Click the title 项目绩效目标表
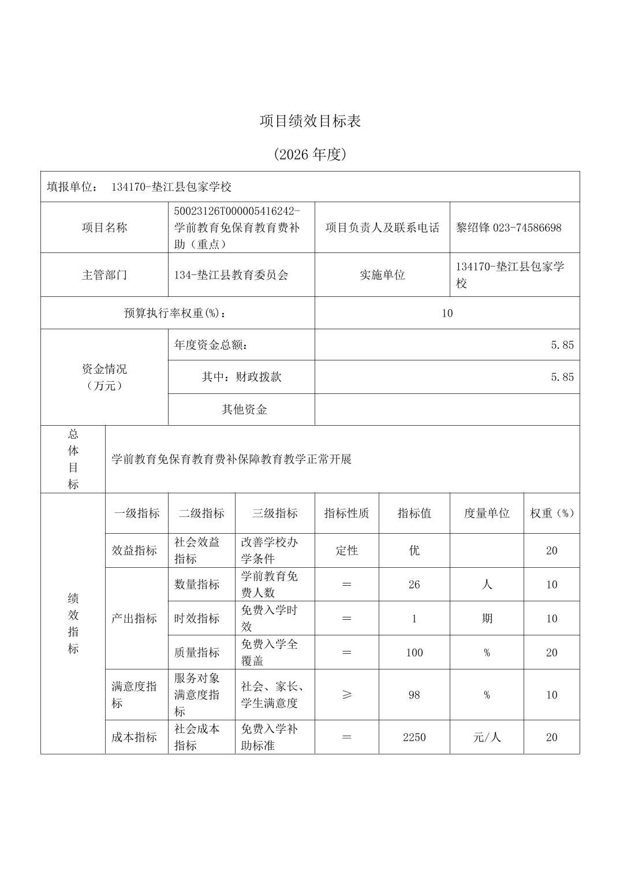310,121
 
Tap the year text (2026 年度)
310,154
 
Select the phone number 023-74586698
527,228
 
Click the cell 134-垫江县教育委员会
231,275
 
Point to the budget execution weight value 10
447,313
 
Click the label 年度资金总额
211,345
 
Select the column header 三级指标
275,513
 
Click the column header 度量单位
487,513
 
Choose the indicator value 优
414,550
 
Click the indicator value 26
414,585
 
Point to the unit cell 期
487,619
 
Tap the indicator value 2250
414,737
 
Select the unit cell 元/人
487,737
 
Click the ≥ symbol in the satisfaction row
346,695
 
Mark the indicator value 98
414,695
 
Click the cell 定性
346,550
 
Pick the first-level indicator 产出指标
134,619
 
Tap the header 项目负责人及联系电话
382,228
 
